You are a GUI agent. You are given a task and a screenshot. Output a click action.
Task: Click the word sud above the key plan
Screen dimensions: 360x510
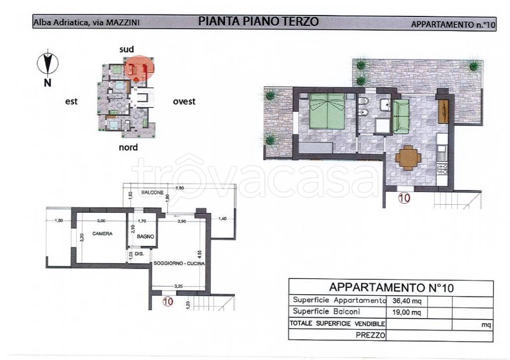tap(127, 49)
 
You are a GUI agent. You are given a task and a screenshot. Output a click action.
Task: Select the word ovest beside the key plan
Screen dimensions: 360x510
tap(184, 102)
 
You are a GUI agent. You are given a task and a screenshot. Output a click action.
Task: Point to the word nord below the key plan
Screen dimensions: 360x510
tap(128, 147)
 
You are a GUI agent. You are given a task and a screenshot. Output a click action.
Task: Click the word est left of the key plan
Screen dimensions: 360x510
tap(71, 102)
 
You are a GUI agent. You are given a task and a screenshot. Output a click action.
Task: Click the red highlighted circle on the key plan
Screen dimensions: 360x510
tap(139, 69)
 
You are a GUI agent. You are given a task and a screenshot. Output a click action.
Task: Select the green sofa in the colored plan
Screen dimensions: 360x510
tap(401, 117)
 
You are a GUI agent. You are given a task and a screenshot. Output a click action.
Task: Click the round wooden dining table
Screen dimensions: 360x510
tap(408, 158)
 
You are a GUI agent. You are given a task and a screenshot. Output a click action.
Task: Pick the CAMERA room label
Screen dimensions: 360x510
tap(102, 233)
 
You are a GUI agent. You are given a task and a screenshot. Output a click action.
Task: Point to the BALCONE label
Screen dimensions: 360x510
tap(149, 191)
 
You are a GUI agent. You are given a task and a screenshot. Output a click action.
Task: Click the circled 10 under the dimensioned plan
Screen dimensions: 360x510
tap(168, 301)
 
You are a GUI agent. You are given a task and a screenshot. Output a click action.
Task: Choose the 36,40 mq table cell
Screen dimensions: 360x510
tap(404, 301)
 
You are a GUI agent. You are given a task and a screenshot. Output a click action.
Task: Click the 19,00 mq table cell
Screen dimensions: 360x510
tap(404, 313)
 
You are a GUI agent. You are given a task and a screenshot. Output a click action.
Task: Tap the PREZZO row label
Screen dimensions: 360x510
tap(371, 336)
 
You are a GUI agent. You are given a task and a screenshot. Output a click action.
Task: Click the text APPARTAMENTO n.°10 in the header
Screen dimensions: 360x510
tap(453, 24)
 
